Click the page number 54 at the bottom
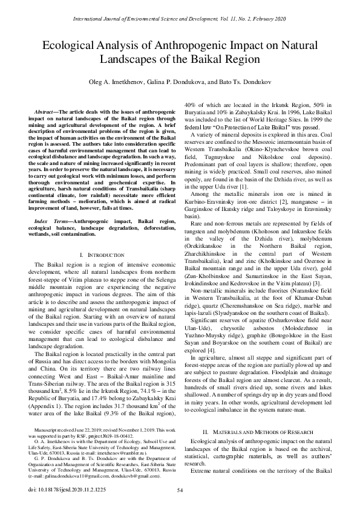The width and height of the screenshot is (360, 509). [180, 490]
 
